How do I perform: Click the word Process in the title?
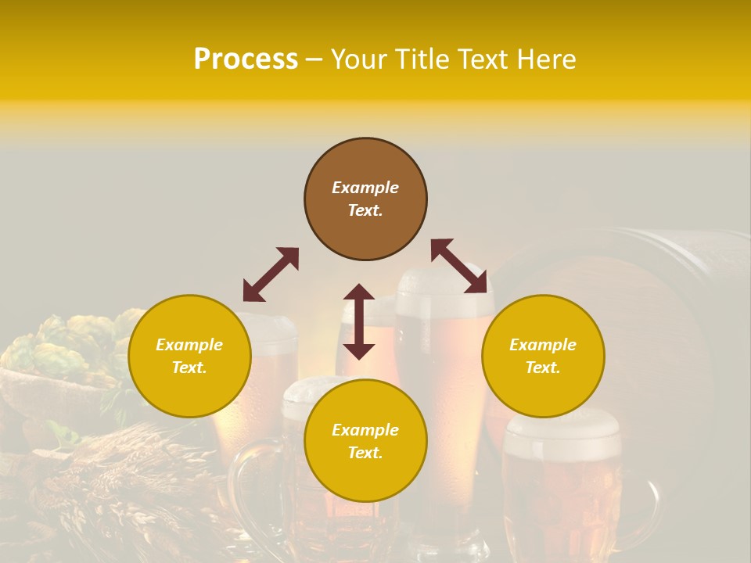pos(246,59)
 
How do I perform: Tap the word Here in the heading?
pos(546,59)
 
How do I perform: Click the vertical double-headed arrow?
pos(359,321)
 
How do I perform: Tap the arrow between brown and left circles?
pos(271,274)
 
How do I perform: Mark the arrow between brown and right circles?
pos(458,267)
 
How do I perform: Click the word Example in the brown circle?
pos(365,188)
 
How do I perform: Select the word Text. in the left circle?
pos(189,368)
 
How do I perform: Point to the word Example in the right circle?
pos(543,345)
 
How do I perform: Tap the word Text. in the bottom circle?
pos(365,453)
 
